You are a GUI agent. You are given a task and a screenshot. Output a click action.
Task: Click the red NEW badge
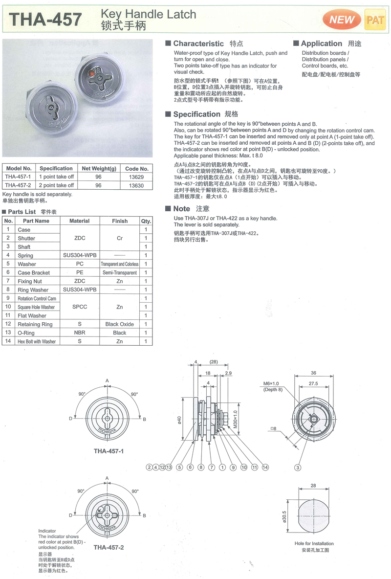point(342,20)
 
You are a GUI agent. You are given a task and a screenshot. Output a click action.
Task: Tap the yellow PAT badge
point(375,20)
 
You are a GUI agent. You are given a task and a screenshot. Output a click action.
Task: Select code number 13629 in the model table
point(137,177)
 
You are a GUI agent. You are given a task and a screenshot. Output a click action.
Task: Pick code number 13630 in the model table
point(137,185)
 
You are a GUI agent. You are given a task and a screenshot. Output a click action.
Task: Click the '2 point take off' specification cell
point(57,185)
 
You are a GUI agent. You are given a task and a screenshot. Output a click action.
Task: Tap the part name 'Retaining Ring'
point(35,324)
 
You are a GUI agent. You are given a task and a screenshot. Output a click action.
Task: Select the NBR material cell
point(80,333)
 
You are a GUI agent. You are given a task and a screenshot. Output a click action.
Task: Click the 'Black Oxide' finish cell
point(119,324)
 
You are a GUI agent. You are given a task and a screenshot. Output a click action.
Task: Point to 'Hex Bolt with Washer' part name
point(37,341)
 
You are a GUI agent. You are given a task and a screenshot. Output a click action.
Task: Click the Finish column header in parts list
point(119,221)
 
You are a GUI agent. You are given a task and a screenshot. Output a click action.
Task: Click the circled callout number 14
point(265,468)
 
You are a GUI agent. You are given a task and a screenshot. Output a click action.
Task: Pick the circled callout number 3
point(297,468)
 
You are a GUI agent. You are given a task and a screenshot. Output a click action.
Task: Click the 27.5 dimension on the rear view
point(313,384)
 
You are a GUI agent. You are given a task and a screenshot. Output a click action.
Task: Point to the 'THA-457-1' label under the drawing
point(109,451)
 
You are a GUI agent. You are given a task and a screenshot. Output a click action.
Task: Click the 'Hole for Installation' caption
point(314,543)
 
